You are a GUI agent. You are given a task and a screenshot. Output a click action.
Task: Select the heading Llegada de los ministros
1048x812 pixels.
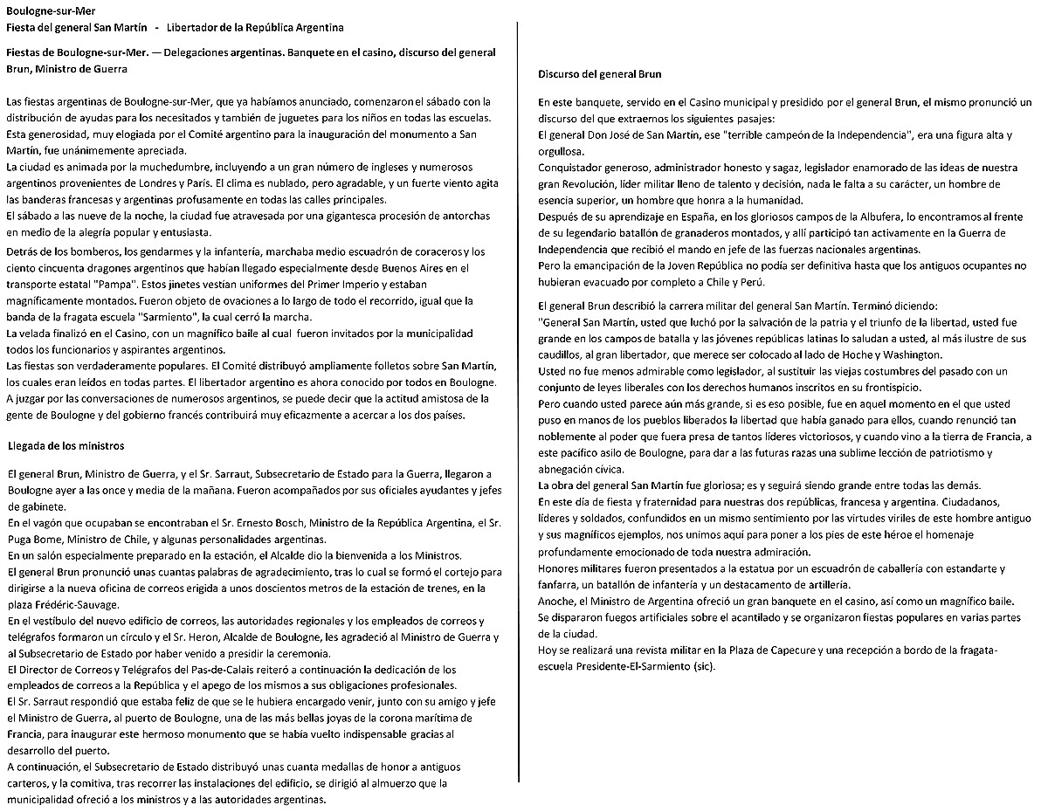tap(65, 446)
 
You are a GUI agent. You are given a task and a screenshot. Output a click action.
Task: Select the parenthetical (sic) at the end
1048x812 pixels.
tap(702, 667)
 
